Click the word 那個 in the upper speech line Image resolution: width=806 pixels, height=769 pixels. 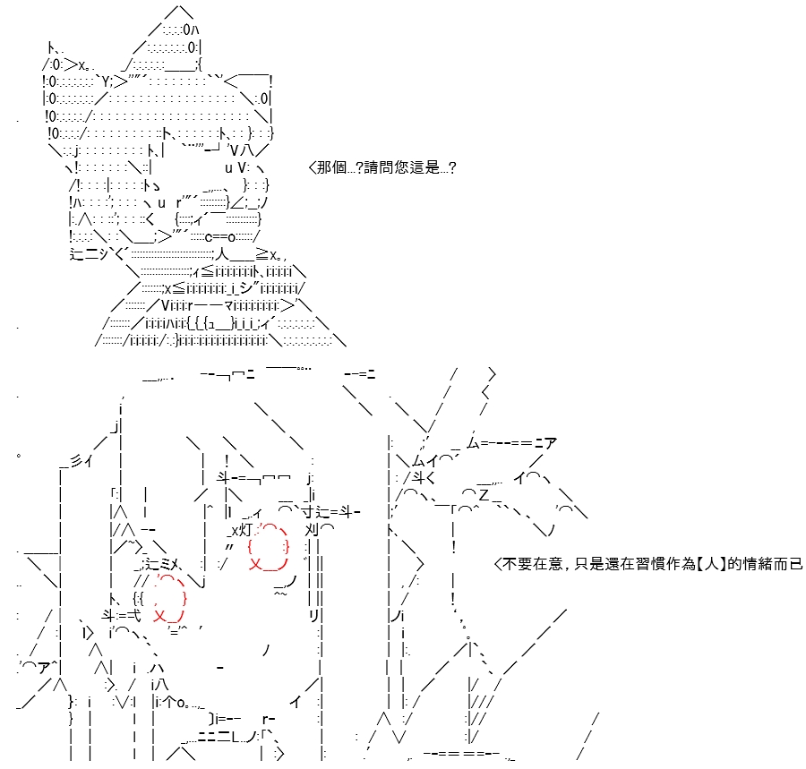332,167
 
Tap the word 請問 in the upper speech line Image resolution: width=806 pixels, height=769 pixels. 379,167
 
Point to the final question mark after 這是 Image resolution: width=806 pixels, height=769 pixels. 452,168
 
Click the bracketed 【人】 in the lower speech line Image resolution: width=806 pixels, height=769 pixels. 711,564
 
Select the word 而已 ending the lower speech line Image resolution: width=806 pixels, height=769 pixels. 788,564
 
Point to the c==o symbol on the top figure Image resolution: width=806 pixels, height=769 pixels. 220,237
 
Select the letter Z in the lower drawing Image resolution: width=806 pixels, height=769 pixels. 484,495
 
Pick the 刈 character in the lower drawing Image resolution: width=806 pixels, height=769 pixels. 312,530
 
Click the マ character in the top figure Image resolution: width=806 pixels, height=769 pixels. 230,306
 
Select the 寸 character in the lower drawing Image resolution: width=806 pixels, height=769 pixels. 308,512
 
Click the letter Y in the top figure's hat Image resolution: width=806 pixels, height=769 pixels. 106,81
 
